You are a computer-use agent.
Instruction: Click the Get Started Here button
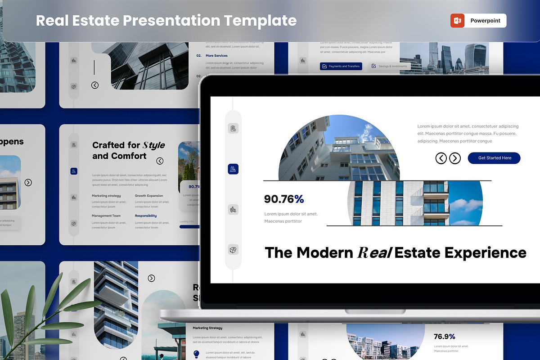[494, 158]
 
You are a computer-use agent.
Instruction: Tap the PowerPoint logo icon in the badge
[457, 21]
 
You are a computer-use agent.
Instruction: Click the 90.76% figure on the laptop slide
[284, 199]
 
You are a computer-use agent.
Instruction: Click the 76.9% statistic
[444, 337]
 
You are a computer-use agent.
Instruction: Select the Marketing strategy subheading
[106, 196]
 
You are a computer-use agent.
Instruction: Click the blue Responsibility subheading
[146, 216]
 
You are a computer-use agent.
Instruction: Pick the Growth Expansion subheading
[149, 196]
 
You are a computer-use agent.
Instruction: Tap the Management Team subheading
[106, 216]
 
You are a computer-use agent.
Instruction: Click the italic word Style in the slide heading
[153, 145]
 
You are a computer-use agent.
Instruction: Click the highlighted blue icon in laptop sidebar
[233, 169]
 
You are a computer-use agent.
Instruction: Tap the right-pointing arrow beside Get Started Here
[455, 158]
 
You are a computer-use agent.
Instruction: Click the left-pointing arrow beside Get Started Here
[441, 158]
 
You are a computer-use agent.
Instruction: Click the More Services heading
[216, 56]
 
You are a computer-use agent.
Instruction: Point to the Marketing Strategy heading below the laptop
[207, 328]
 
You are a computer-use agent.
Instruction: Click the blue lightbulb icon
[196, 354]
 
